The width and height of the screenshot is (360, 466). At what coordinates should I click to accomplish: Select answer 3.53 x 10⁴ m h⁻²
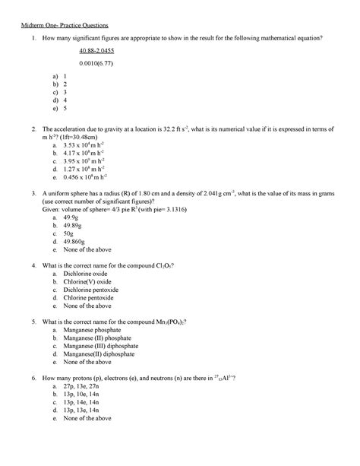click(89, 143)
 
